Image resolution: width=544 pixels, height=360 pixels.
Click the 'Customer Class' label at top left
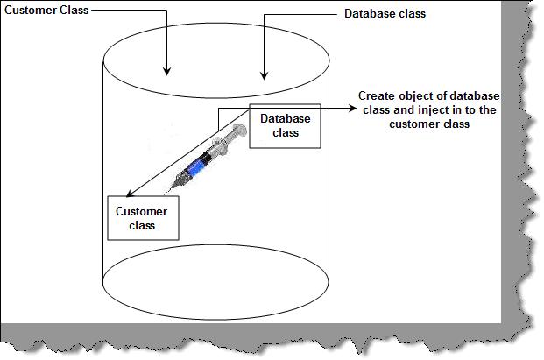pyautogui.click(x=46, y=10)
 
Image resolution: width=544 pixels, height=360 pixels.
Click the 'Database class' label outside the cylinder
pyautogui.click(x=385, y=13)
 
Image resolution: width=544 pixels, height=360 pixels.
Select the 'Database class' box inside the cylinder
pyautogui.click(x=286, y=126)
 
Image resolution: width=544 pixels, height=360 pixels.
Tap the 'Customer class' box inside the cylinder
pyautogui.click(x=143, y=218)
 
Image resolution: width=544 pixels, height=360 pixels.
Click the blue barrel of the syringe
pyautogui.click(x=195, y=166)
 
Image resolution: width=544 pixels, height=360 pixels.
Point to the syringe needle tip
pyautogui.click(x=165, y=194)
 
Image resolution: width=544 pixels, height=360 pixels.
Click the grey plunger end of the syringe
pyautogui.click(x=239, y=131)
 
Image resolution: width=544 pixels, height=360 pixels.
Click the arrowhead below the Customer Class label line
pyautogui.click(x=166, y=71)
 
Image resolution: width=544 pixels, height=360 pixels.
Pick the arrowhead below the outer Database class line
pyautogui.click(x=265, y=75)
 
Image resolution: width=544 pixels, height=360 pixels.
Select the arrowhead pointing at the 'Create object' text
pyautogui.click(x=352, y=109)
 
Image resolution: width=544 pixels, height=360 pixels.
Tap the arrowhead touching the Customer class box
pyautogui.click(x=130, y=194)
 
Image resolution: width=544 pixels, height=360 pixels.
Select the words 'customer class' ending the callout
pyautogui.click(x=429, y=124)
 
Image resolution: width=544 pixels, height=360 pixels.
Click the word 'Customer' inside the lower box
pyautogui.click(x=142, y=212)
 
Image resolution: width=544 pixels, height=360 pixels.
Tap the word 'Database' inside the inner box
pyautogui.click(x=286, y=119)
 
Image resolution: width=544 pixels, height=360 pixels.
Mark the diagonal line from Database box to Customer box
pyautogui.click(x=187, y=153)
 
